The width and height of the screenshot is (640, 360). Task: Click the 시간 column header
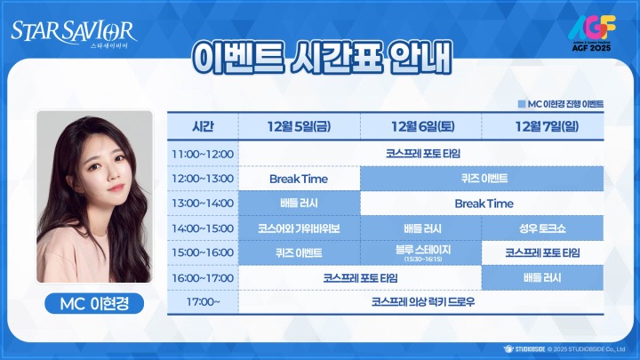point(203,125)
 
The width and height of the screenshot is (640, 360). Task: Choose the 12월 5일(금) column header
point(299,125)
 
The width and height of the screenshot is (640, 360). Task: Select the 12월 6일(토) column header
point(421,125)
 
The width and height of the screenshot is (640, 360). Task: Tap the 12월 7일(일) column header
point(542,125)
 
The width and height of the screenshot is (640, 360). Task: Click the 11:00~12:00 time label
point(203,154)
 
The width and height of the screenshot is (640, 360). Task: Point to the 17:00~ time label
point(203,302)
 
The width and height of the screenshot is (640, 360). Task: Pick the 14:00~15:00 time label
point(203,228)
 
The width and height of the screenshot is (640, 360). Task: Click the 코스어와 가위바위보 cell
point(299,228)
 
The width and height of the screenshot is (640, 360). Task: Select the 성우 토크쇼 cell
point(542,228)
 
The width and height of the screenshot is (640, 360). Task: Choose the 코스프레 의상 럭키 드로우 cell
point(421,302)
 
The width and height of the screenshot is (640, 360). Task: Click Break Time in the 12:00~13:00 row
point(299,179)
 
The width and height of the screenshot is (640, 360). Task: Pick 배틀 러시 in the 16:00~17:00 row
point(542,277)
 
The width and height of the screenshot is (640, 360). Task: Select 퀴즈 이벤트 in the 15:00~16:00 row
point(299,252)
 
